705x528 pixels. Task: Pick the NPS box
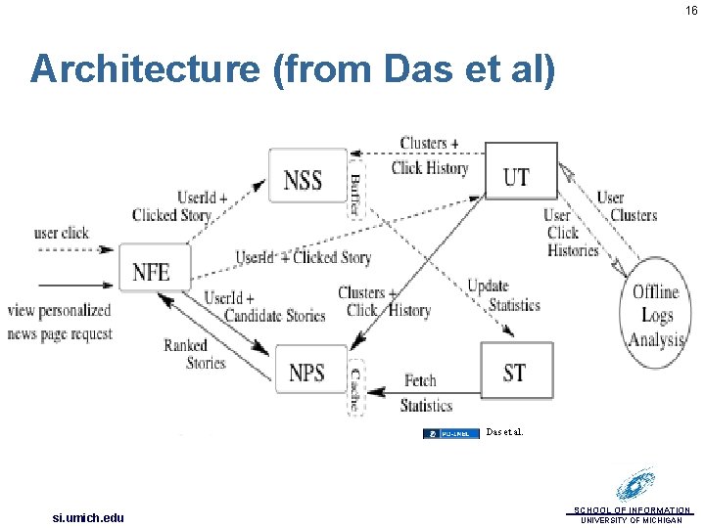click(x=308, y=372)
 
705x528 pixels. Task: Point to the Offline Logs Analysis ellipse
click(x=655, y=315)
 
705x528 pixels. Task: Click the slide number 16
click(x=691, y=11)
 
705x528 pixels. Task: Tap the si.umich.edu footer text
click(x=88, y=517)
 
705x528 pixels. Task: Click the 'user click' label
click(x=61, y=233)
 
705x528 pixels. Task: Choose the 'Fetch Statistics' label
click(x=426, y=392)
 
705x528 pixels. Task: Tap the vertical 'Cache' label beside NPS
click(x=356, y=388)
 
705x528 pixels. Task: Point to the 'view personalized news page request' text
click(x=61, y=322)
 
